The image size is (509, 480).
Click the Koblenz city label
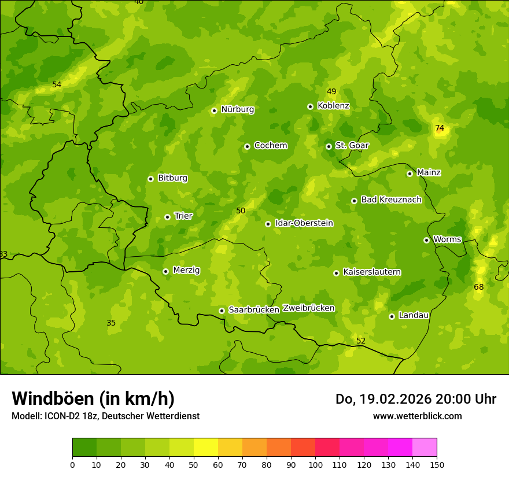click(333, 106)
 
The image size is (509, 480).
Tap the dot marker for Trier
click(167, 217)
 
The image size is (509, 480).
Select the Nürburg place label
click(237, 109)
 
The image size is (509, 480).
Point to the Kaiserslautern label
click(372, 272)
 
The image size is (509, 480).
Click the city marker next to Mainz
click(410, 173)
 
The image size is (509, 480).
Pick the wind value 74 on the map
click(440, 128)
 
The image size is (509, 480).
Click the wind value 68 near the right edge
click(479, 287)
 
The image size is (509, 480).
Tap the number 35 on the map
click(111, 323)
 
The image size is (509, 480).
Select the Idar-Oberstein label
click(304, 223)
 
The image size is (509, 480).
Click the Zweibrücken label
click(308, 308)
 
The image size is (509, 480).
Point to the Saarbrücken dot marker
click(222, 311)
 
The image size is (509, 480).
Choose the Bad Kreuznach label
click(391, 200)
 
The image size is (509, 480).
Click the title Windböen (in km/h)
click(93, 398)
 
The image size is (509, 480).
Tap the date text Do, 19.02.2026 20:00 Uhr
click(415, 399)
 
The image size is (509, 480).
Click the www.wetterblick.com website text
click(417, 416)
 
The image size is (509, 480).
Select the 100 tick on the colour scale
click(315, 464)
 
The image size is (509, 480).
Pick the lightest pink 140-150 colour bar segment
click(425, 448)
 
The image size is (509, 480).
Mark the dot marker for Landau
click(392, 316)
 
